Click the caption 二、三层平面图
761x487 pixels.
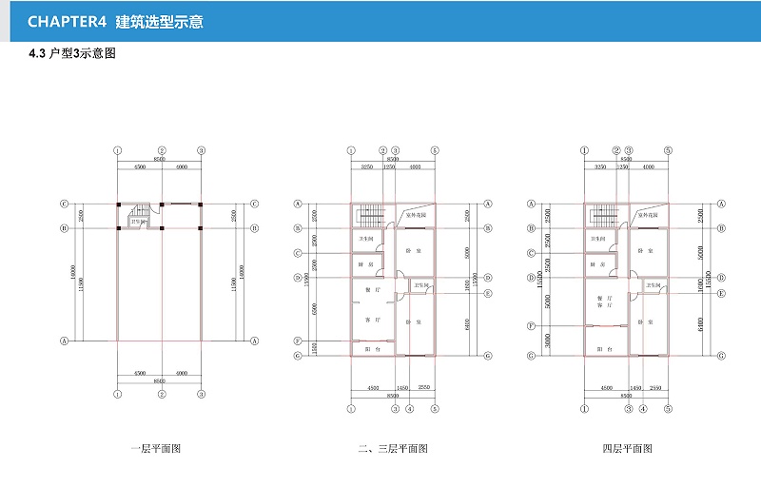[392, 448]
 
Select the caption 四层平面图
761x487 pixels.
[625, 448]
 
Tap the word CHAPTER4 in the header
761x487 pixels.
[66, 21]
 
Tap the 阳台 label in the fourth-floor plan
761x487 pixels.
[604, 350]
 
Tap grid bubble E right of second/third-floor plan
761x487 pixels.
[487, 293]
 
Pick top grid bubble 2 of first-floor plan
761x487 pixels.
[163, 150]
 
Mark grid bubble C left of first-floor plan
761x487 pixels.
[64, 204]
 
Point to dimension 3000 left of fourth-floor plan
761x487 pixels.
[547, 341]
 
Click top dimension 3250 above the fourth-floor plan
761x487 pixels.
[600, 166]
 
